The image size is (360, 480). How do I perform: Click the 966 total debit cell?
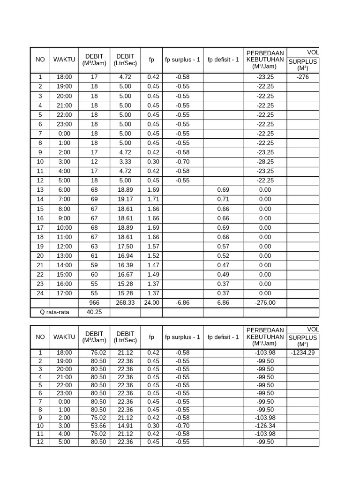point(94,303)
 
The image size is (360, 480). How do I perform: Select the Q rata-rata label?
point(54,312)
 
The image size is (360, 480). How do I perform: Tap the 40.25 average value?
point(94,312)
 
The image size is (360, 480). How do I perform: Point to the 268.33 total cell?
point(125,303)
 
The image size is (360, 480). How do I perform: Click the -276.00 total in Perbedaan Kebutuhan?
point(265,303)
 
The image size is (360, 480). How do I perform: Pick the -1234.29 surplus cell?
point(303,352)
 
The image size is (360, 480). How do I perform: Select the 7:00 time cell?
point(64,199)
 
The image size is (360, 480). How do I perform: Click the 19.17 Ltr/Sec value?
point(125,199)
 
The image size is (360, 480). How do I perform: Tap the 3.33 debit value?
point(125,162)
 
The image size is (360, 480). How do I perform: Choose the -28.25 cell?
point(265,162)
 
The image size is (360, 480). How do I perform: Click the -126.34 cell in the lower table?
point(265,426)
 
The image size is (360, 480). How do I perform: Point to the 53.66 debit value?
point(94,426)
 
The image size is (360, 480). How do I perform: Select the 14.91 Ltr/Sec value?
point(125,426)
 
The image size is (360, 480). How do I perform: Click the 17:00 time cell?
point(64,293)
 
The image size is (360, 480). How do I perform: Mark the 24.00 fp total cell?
point(151,303)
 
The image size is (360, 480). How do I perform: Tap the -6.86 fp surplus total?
point(182,303)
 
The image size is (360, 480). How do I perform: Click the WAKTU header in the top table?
point(64,60)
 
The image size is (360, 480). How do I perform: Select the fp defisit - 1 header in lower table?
point(223,337)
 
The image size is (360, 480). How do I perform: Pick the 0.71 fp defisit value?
point(223,199)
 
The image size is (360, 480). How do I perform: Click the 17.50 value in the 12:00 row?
point(125,247)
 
